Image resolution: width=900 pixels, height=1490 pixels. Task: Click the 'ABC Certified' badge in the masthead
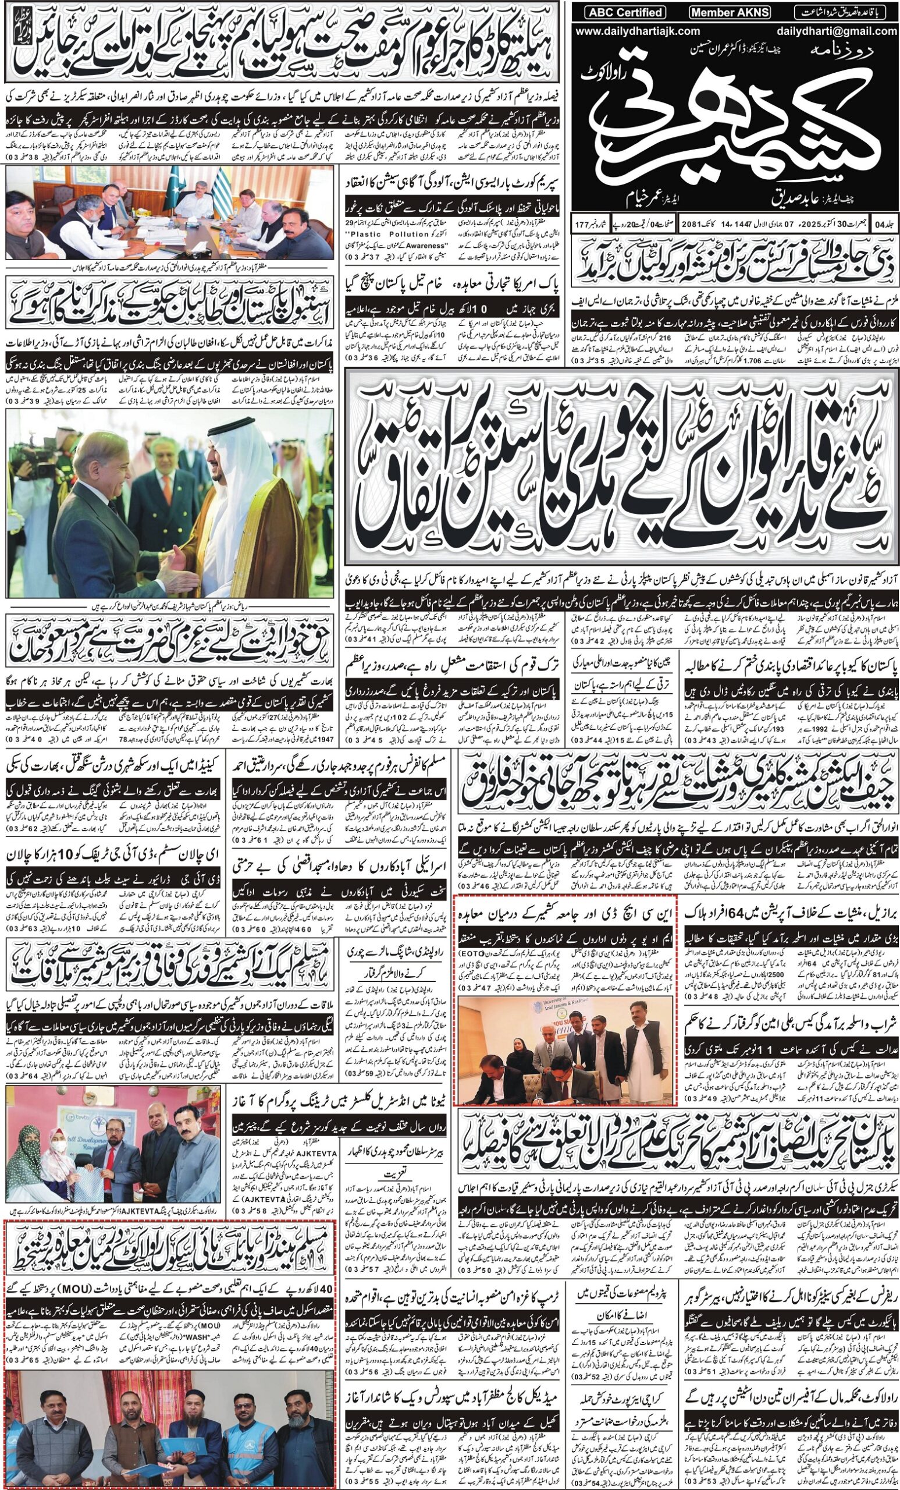[617, 12]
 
